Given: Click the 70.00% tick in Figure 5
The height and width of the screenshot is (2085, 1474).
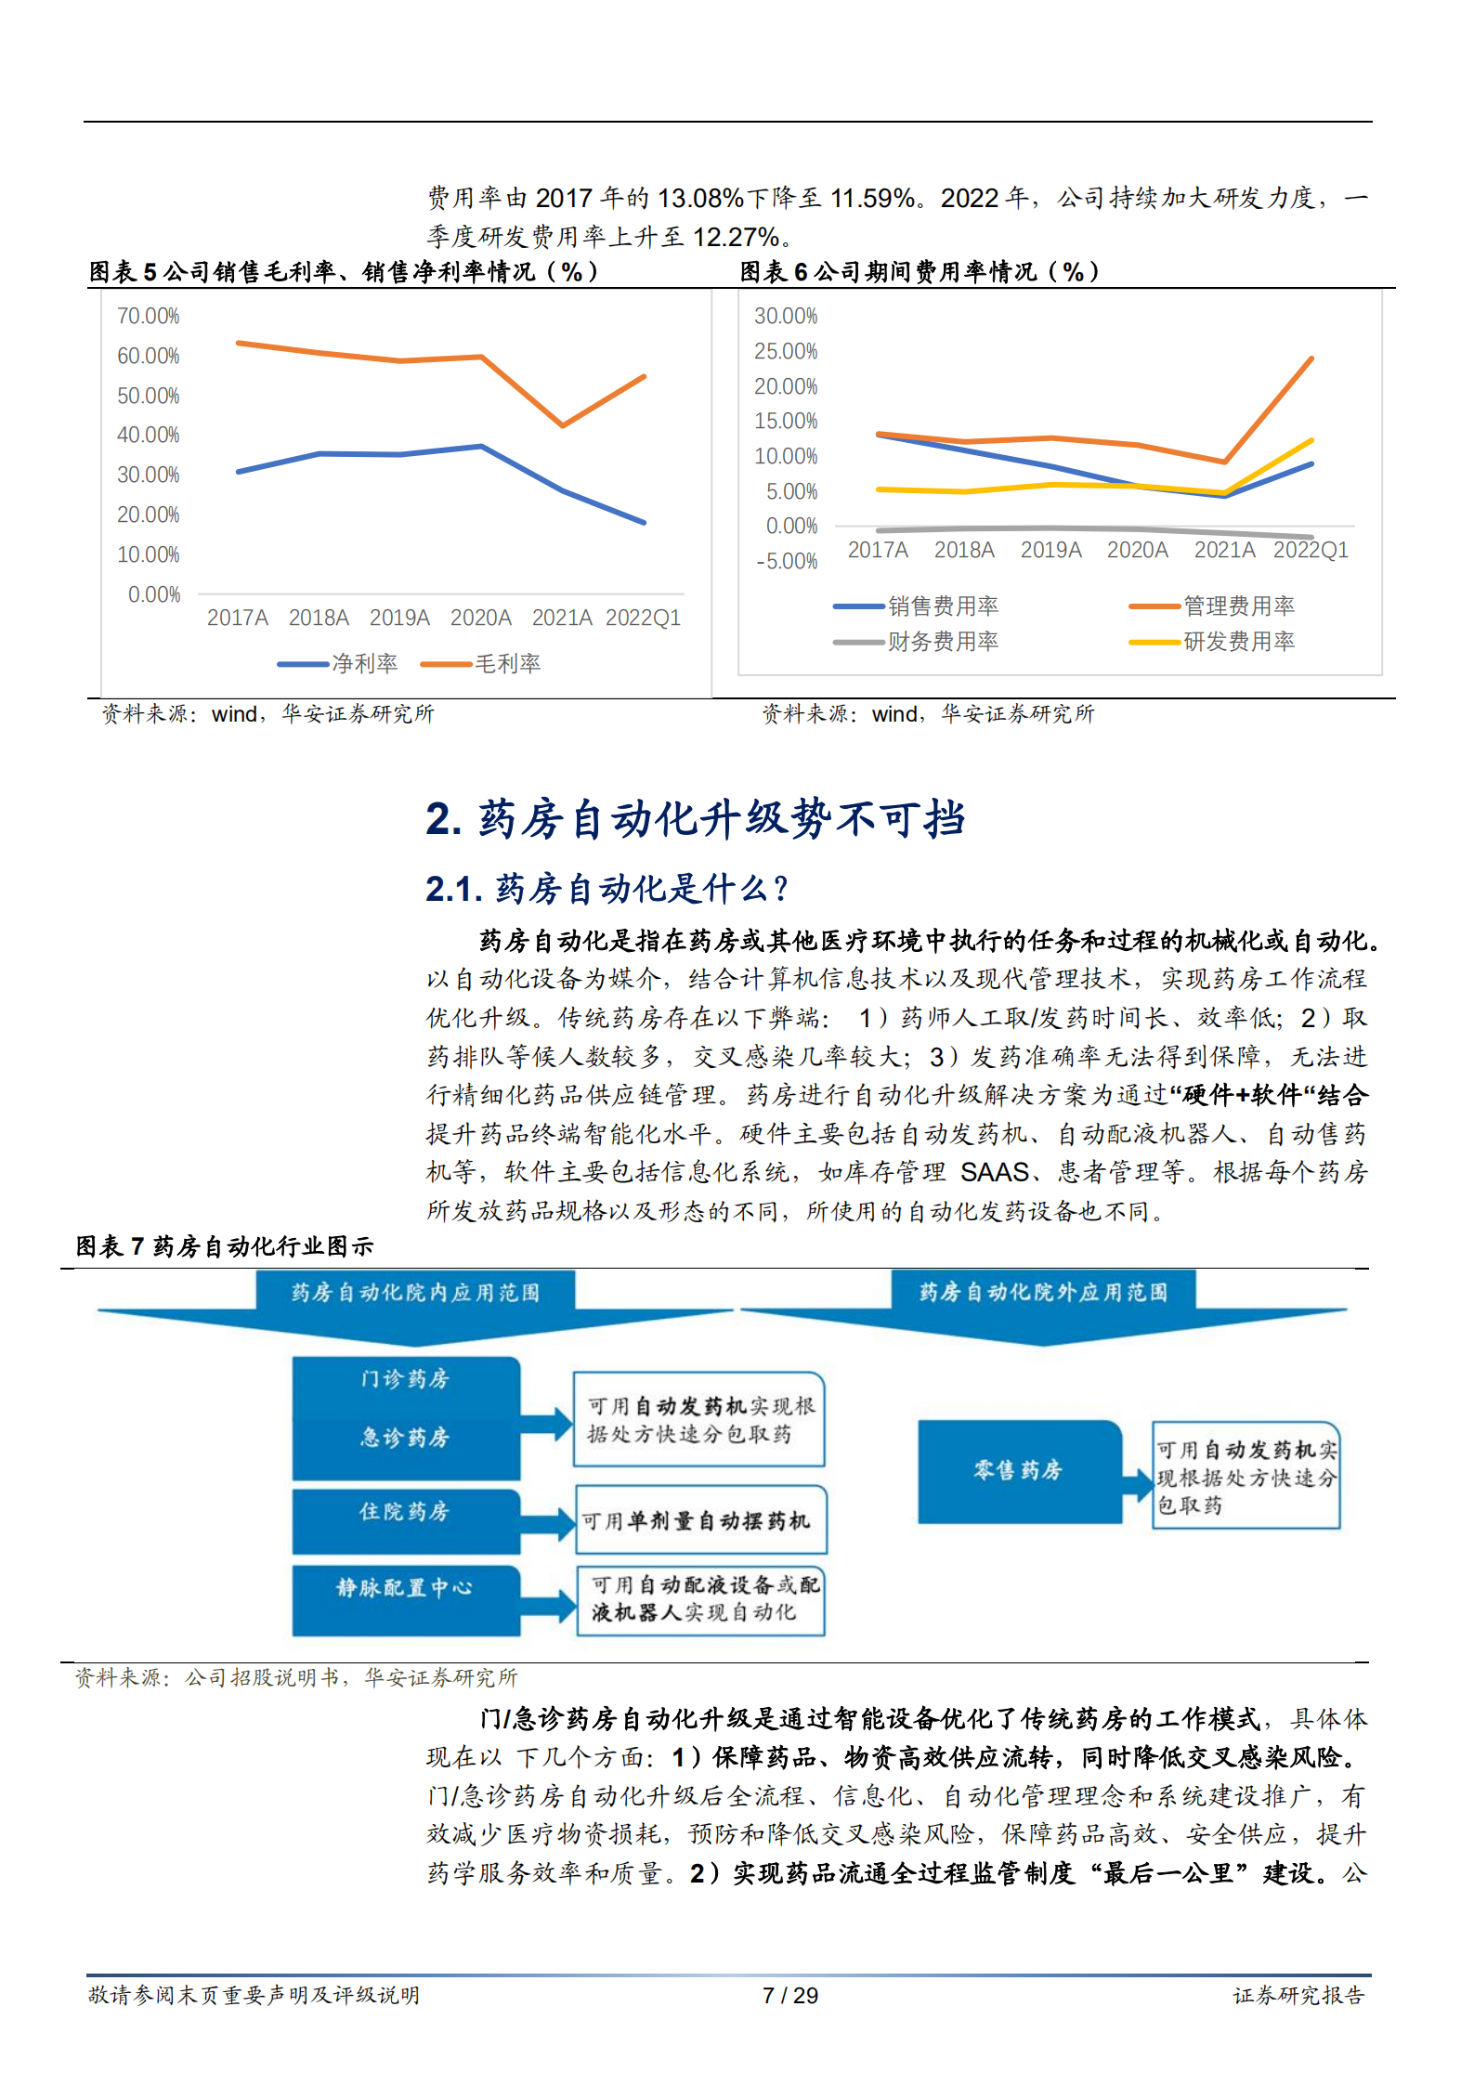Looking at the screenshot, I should (148, 317).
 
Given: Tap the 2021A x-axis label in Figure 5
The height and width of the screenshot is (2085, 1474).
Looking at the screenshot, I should (561, 618).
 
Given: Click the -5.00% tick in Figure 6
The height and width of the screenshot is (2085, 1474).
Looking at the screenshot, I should (786, 562).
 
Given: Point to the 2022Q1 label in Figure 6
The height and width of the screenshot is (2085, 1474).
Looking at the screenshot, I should (1310, 550).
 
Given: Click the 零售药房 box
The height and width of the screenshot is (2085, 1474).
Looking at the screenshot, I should (1018, 1471).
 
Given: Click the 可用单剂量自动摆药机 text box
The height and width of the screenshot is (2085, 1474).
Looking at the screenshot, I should (700, 1520).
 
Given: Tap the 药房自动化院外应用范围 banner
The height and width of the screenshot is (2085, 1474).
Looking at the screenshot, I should (1043, 1292).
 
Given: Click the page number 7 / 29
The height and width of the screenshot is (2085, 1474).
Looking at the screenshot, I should (789, 1995).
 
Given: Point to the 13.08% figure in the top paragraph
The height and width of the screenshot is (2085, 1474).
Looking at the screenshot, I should (699, 198).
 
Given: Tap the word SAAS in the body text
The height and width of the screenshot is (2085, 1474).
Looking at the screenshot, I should (995, 1172).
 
